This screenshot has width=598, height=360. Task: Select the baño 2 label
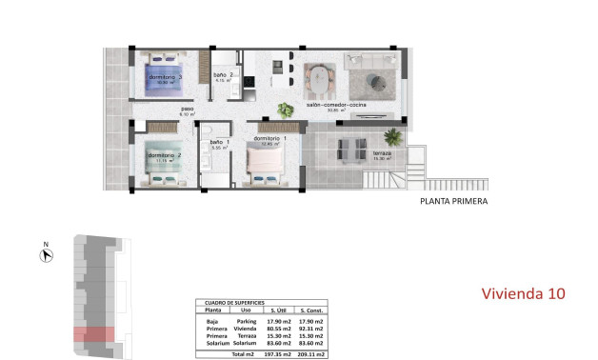pos(224,75)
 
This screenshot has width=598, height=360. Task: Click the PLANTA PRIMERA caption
pos(454,202)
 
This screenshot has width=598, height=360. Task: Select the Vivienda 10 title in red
pos(523,293)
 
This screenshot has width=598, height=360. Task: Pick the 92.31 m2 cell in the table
pos(312,329)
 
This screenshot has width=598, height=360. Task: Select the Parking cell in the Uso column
pos(247,322)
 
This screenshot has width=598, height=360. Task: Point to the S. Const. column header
pos(312,310)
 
